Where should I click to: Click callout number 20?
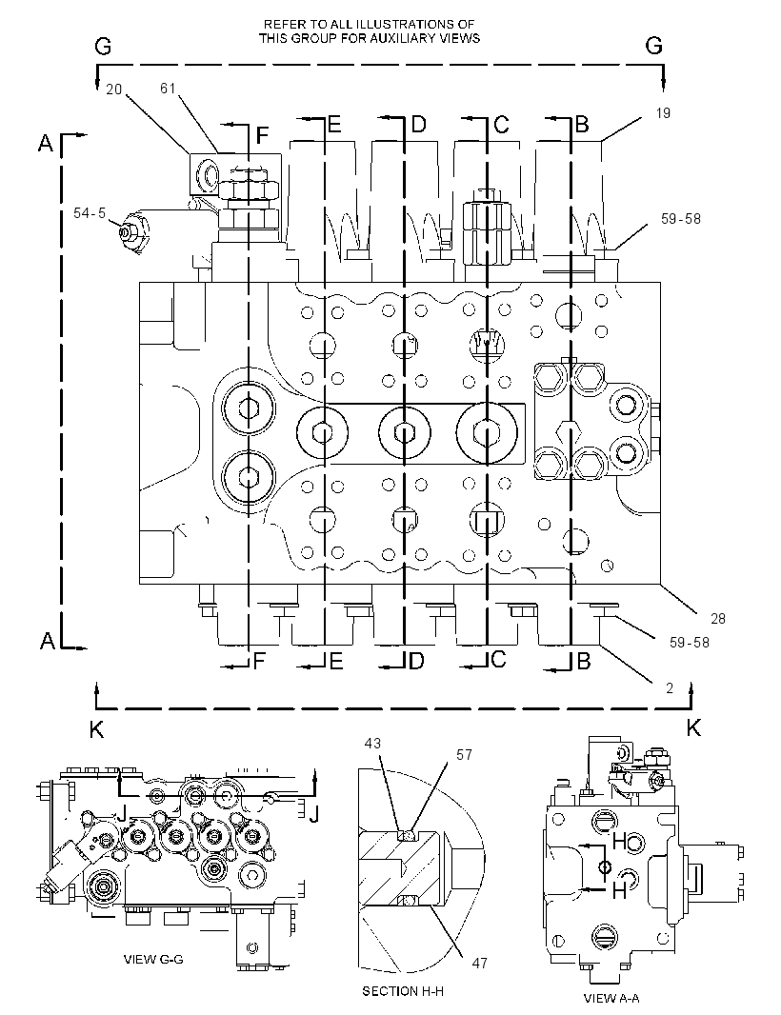[x=114, y=90]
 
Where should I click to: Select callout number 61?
[x=168, y=88]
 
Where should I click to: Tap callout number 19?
[x=663, y=113]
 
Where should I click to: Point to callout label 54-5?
[x=90, y=212]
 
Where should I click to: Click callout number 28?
[x=718, y=619]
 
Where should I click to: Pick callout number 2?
[x=670, y=688]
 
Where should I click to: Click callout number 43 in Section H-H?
[x=372, y=744]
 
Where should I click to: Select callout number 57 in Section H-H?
[x=465, y=755]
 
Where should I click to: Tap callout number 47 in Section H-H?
[x=479, y=964]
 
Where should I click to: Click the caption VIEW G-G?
[x=153, y=960]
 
